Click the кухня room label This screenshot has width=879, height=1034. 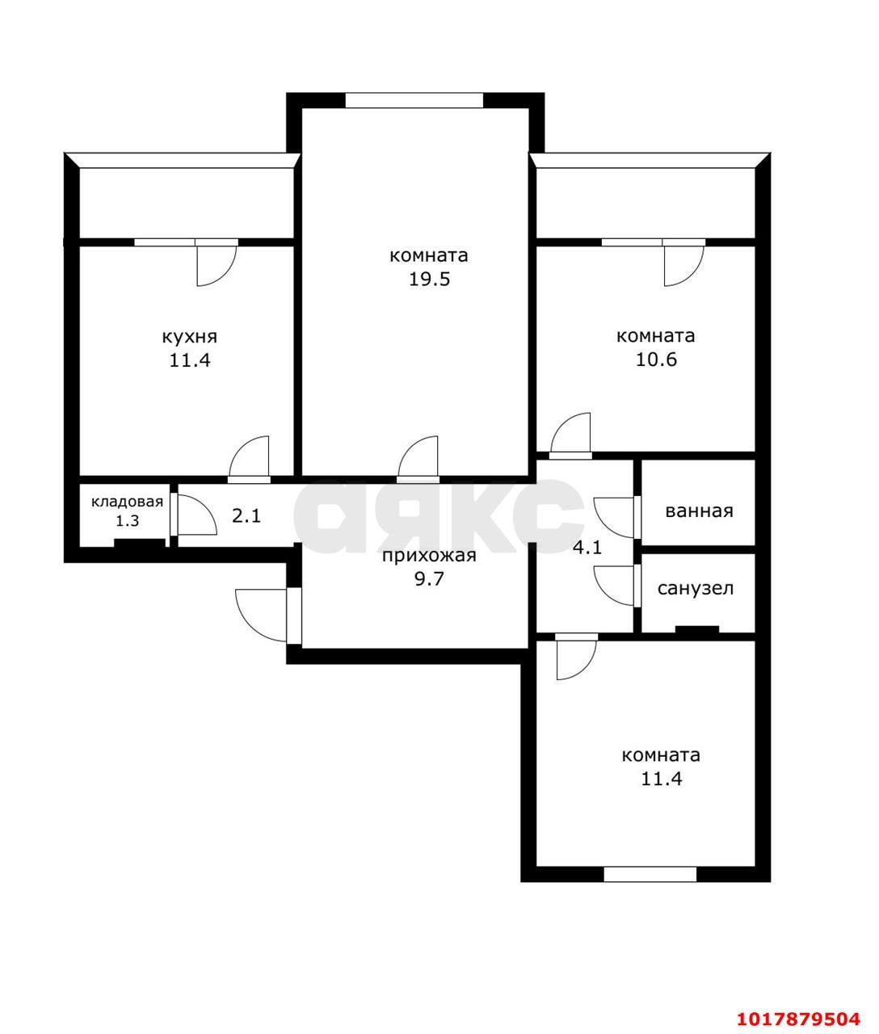[190, 338]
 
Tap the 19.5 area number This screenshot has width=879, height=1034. [429, 280]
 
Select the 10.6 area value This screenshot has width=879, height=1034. [656, 359]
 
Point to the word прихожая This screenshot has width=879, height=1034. [429, 557]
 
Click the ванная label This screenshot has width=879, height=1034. [699, 511]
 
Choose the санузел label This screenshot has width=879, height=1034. [696, 589]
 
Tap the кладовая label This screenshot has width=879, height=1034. [127, 502]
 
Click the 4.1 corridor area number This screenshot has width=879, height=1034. [587, 547]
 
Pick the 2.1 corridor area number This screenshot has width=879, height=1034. [246, 515]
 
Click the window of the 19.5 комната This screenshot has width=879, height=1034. [414, 100]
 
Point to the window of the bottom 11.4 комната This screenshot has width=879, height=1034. [650, 875]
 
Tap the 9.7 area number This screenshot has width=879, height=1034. [429, 579]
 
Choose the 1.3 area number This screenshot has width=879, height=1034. [127, 521]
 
